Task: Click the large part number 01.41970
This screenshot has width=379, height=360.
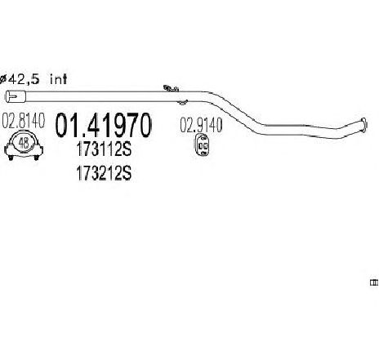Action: tap(103, 125)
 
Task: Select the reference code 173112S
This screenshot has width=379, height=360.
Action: tap(104, 149)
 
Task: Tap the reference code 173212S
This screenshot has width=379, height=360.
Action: tap(104, 173)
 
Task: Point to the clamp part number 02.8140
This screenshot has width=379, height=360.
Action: tap(24, 121)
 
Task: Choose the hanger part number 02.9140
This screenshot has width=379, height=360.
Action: tap(201, 125)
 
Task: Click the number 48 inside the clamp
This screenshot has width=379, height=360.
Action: tap(24, 143)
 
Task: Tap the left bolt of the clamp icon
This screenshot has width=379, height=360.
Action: tap(11, 158)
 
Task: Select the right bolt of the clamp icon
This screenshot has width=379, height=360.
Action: tap(36, 158)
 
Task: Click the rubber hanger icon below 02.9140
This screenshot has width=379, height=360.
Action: tap(203, 145)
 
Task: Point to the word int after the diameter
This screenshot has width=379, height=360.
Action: tap(58, 79)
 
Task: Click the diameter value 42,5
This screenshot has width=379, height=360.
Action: tap(24, 79)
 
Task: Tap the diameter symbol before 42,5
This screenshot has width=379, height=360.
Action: tap(2, 79)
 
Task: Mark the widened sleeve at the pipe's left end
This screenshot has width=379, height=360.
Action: tap(16, 96)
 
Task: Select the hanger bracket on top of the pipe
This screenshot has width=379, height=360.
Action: tap(171, 88)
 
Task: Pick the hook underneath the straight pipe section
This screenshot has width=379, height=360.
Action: tap(182, 102)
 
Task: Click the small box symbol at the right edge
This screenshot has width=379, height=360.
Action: tap(373, 282)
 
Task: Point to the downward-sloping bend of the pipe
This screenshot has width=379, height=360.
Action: tap(234, 112)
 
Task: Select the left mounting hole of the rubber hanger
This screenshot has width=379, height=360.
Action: tap(201, 146)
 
